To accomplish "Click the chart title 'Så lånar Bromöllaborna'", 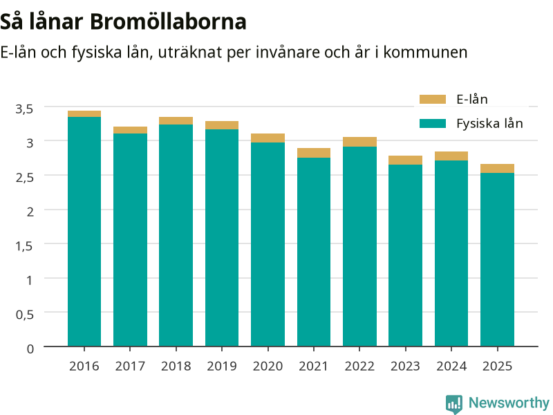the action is [x=123, y=22].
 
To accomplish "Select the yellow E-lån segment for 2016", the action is [x=84, y=113].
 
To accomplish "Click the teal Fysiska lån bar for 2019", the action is [x=222, y=237].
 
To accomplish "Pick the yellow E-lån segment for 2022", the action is [x=359, y=142].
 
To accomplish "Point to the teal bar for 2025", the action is [x=497, y=259].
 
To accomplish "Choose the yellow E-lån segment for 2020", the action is [x=268, y=138].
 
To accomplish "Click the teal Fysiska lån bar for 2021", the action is [x=314, y=252].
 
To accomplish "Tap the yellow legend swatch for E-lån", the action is [x=433, y=99].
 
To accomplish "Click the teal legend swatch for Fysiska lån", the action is [x=433, y=124].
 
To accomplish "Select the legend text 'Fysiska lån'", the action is [x=489, y=124].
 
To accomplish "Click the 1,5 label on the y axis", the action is [x=24, y=246].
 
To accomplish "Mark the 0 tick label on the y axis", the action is [x=30, y=349].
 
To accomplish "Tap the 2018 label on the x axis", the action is [x=176, y=367].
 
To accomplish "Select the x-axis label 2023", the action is [x=405, y=367].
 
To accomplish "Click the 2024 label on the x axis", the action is [x=451, y=367].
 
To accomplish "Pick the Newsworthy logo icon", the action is [x=454, y=404].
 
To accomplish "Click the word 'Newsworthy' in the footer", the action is [x=509, y=403].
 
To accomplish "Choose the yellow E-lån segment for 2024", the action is [x=451, y=156].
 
